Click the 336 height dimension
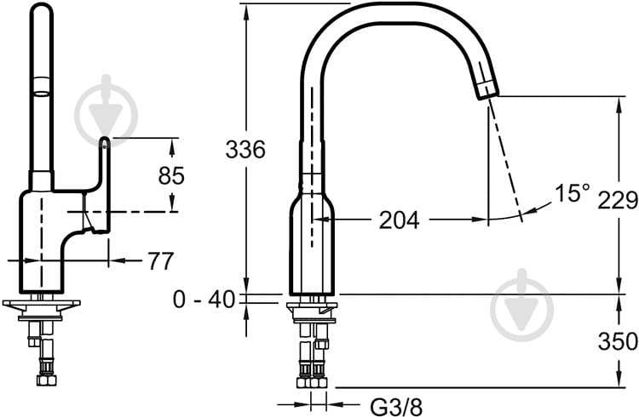pyautogui.click(x=245, y=149)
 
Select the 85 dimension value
pyautogui.click(x=171, y=176)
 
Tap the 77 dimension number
pyautogui.click(x=160, y=261)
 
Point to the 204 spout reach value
pyautogui.click(x=399, y=220)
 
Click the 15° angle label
pyautogui.click(x=573, y=193)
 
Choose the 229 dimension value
pyautogui.click(x=618, y=200)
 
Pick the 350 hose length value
pyautogui.click(x=618, y=341)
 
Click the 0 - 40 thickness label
pyautogui.click(x=204, y=300)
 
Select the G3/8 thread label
pyautogui.click(x=396, y=406)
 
